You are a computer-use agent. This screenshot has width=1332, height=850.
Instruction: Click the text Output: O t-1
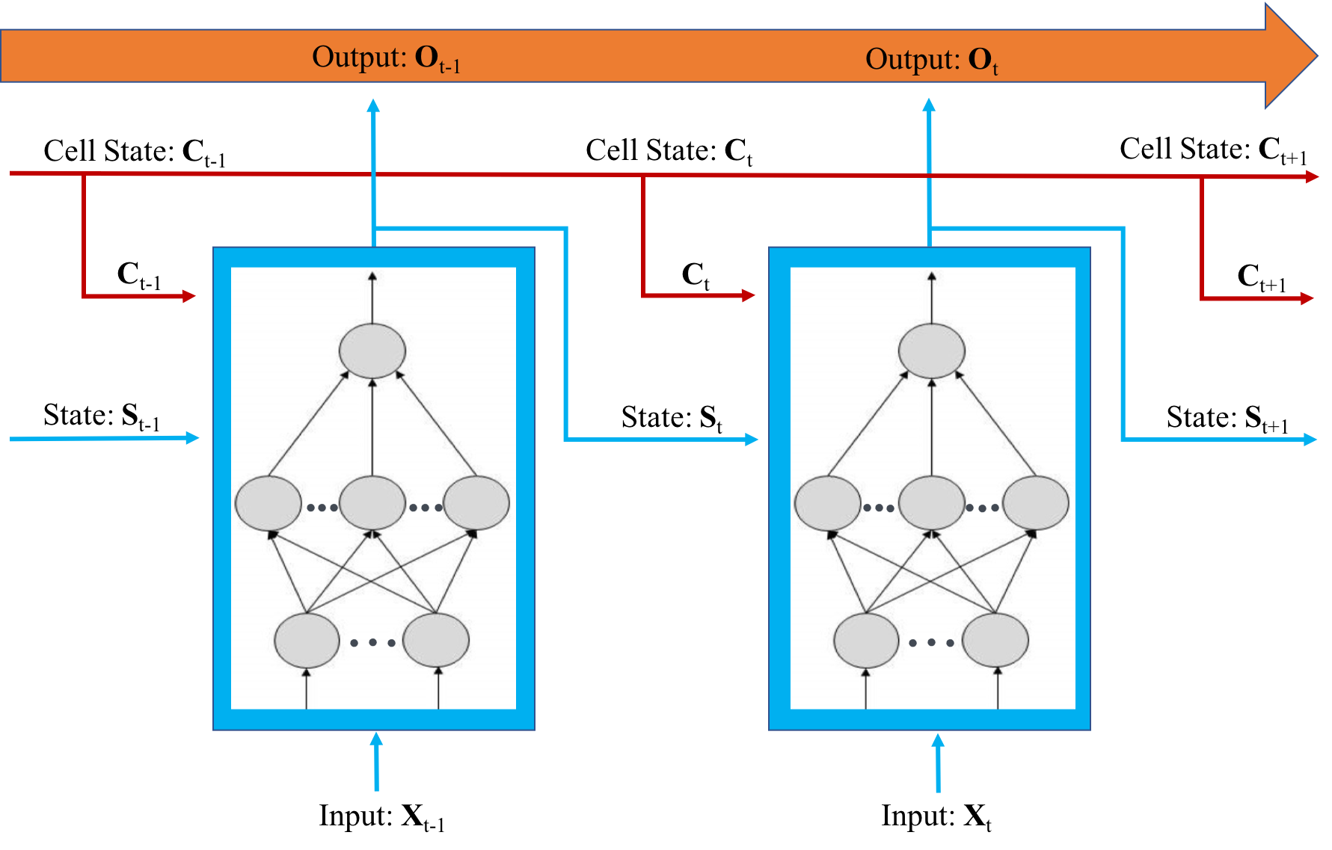point(385,58)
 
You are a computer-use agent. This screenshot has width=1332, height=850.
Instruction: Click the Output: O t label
point(931,59)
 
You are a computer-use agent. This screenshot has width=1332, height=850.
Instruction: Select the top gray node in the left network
point(372,351)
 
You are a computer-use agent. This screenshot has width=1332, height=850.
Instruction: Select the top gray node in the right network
point(931,351)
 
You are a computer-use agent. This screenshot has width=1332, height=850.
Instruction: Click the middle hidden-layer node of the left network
point(372,503)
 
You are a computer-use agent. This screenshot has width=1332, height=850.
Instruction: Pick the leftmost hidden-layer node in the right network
point(827,503)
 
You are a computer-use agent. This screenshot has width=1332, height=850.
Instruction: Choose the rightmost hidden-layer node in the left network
point(476,503)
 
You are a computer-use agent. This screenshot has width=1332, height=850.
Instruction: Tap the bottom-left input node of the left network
point(307,641)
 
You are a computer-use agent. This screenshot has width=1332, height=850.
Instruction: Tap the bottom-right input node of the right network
point(995,641)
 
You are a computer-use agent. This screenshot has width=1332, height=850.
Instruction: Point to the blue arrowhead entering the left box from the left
point(192,437)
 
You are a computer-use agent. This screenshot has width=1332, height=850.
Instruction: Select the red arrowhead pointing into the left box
point(189,296)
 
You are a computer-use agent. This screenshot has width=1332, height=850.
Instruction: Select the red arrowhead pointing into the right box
point(749,295)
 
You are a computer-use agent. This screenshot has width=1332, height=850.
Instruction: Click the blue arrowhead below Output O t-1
point(373,105)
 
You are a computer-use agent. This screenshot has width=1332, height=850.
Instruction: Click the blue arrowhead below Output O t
point(929,105)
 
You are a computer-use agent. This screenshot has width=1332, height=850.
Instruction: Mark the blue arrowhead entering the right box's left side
point(752,439)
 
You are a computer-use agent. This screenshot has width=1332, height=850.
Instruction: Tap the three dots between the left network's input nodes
point(372,642)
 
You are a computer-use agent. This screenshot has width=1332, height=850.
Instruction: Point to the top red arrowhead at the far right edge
point(1312,176)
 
